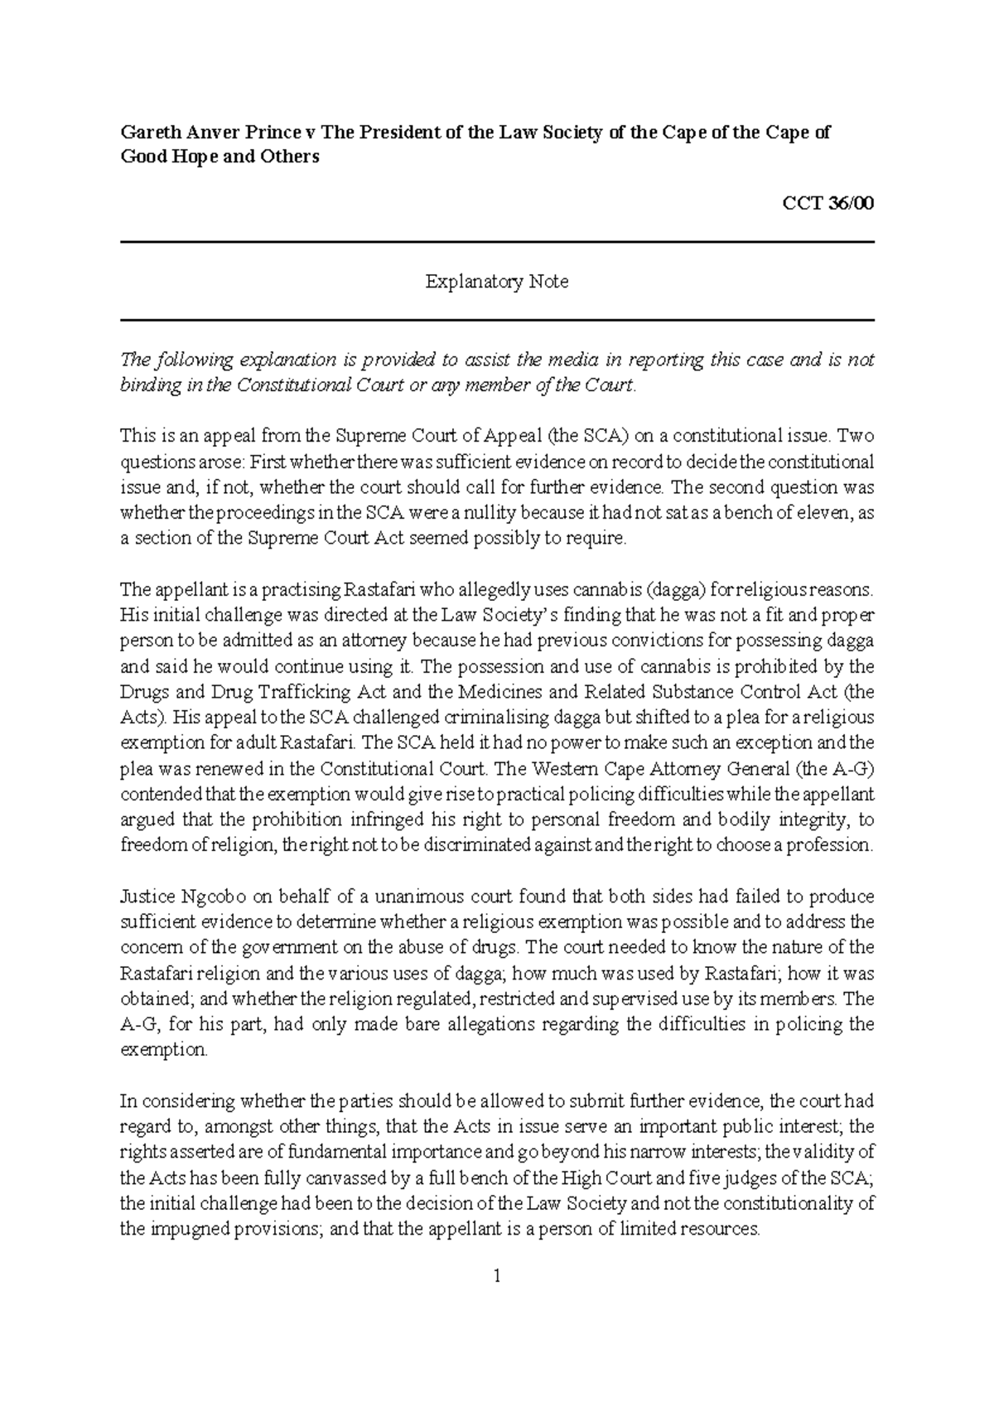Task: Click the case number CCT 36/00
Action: point(828,204)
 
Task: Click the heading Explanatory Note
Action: point(496,282)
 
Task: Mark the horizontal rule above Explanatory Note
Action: point(496,243)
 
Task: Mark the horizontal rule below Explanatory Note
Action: point(496,320)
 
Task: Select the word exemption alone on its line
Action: point(162,1050)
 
